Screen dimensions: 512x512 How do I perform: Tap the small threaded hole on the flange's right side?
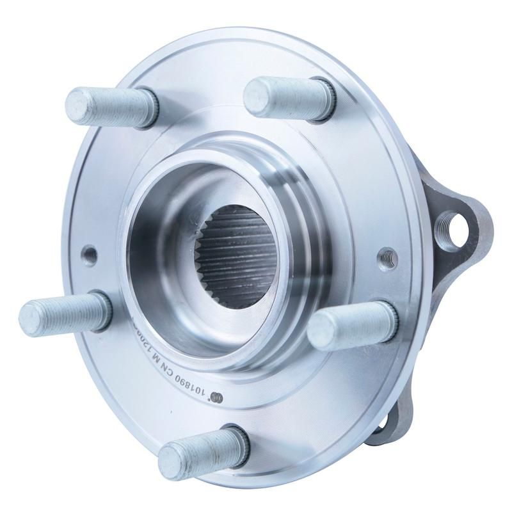pos(387,256)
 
